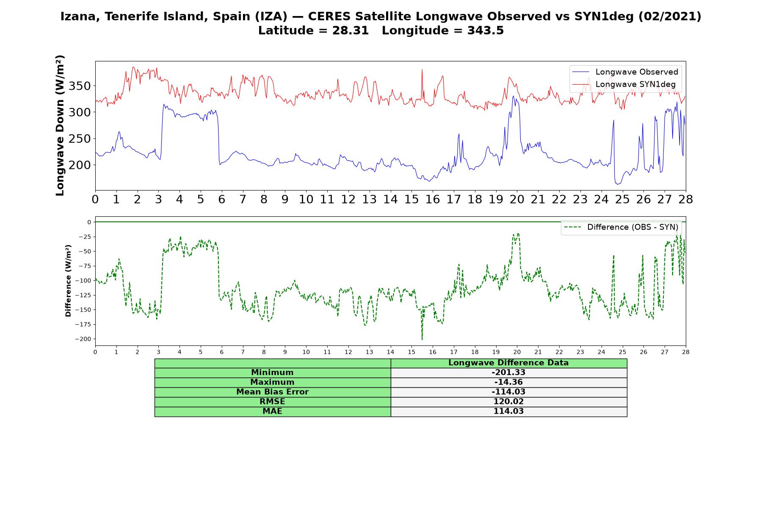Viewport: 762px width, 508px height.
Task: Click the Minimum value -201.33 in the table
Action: (508, 373)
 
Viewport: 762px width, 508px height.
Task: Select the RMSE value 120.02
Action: (508, 402)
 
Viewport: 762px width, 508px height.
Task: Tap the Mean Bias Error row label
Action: (272, 392)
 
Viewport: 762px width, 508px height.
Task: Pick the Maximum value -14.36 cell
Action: (508, 382)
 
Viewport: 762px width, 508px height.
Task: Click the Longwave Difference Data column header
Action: (508, 363)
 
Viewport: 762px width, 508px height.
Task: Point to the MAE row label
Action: (272, 411)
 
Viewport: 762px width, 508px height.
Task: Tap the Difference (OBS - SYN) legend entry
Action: (621, 227)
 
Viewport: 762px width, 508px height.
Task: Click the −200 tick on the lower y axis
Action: (83, 339)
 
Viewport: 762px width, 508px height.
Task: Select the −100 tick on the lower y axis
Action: (83, 281)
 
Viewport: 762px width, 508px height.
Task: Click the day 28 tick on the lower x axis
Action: (686, 352)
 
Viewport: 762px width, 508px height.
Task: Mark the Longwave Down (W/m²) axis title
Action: (60, 125)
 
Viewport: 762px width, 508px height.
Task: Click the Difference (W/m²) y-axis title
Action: (68, 281)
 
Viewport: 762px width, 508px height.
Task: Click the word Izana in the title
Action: (80, 17)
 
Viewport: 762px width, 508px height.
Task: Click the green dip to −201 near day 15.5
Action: (422, 339)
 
